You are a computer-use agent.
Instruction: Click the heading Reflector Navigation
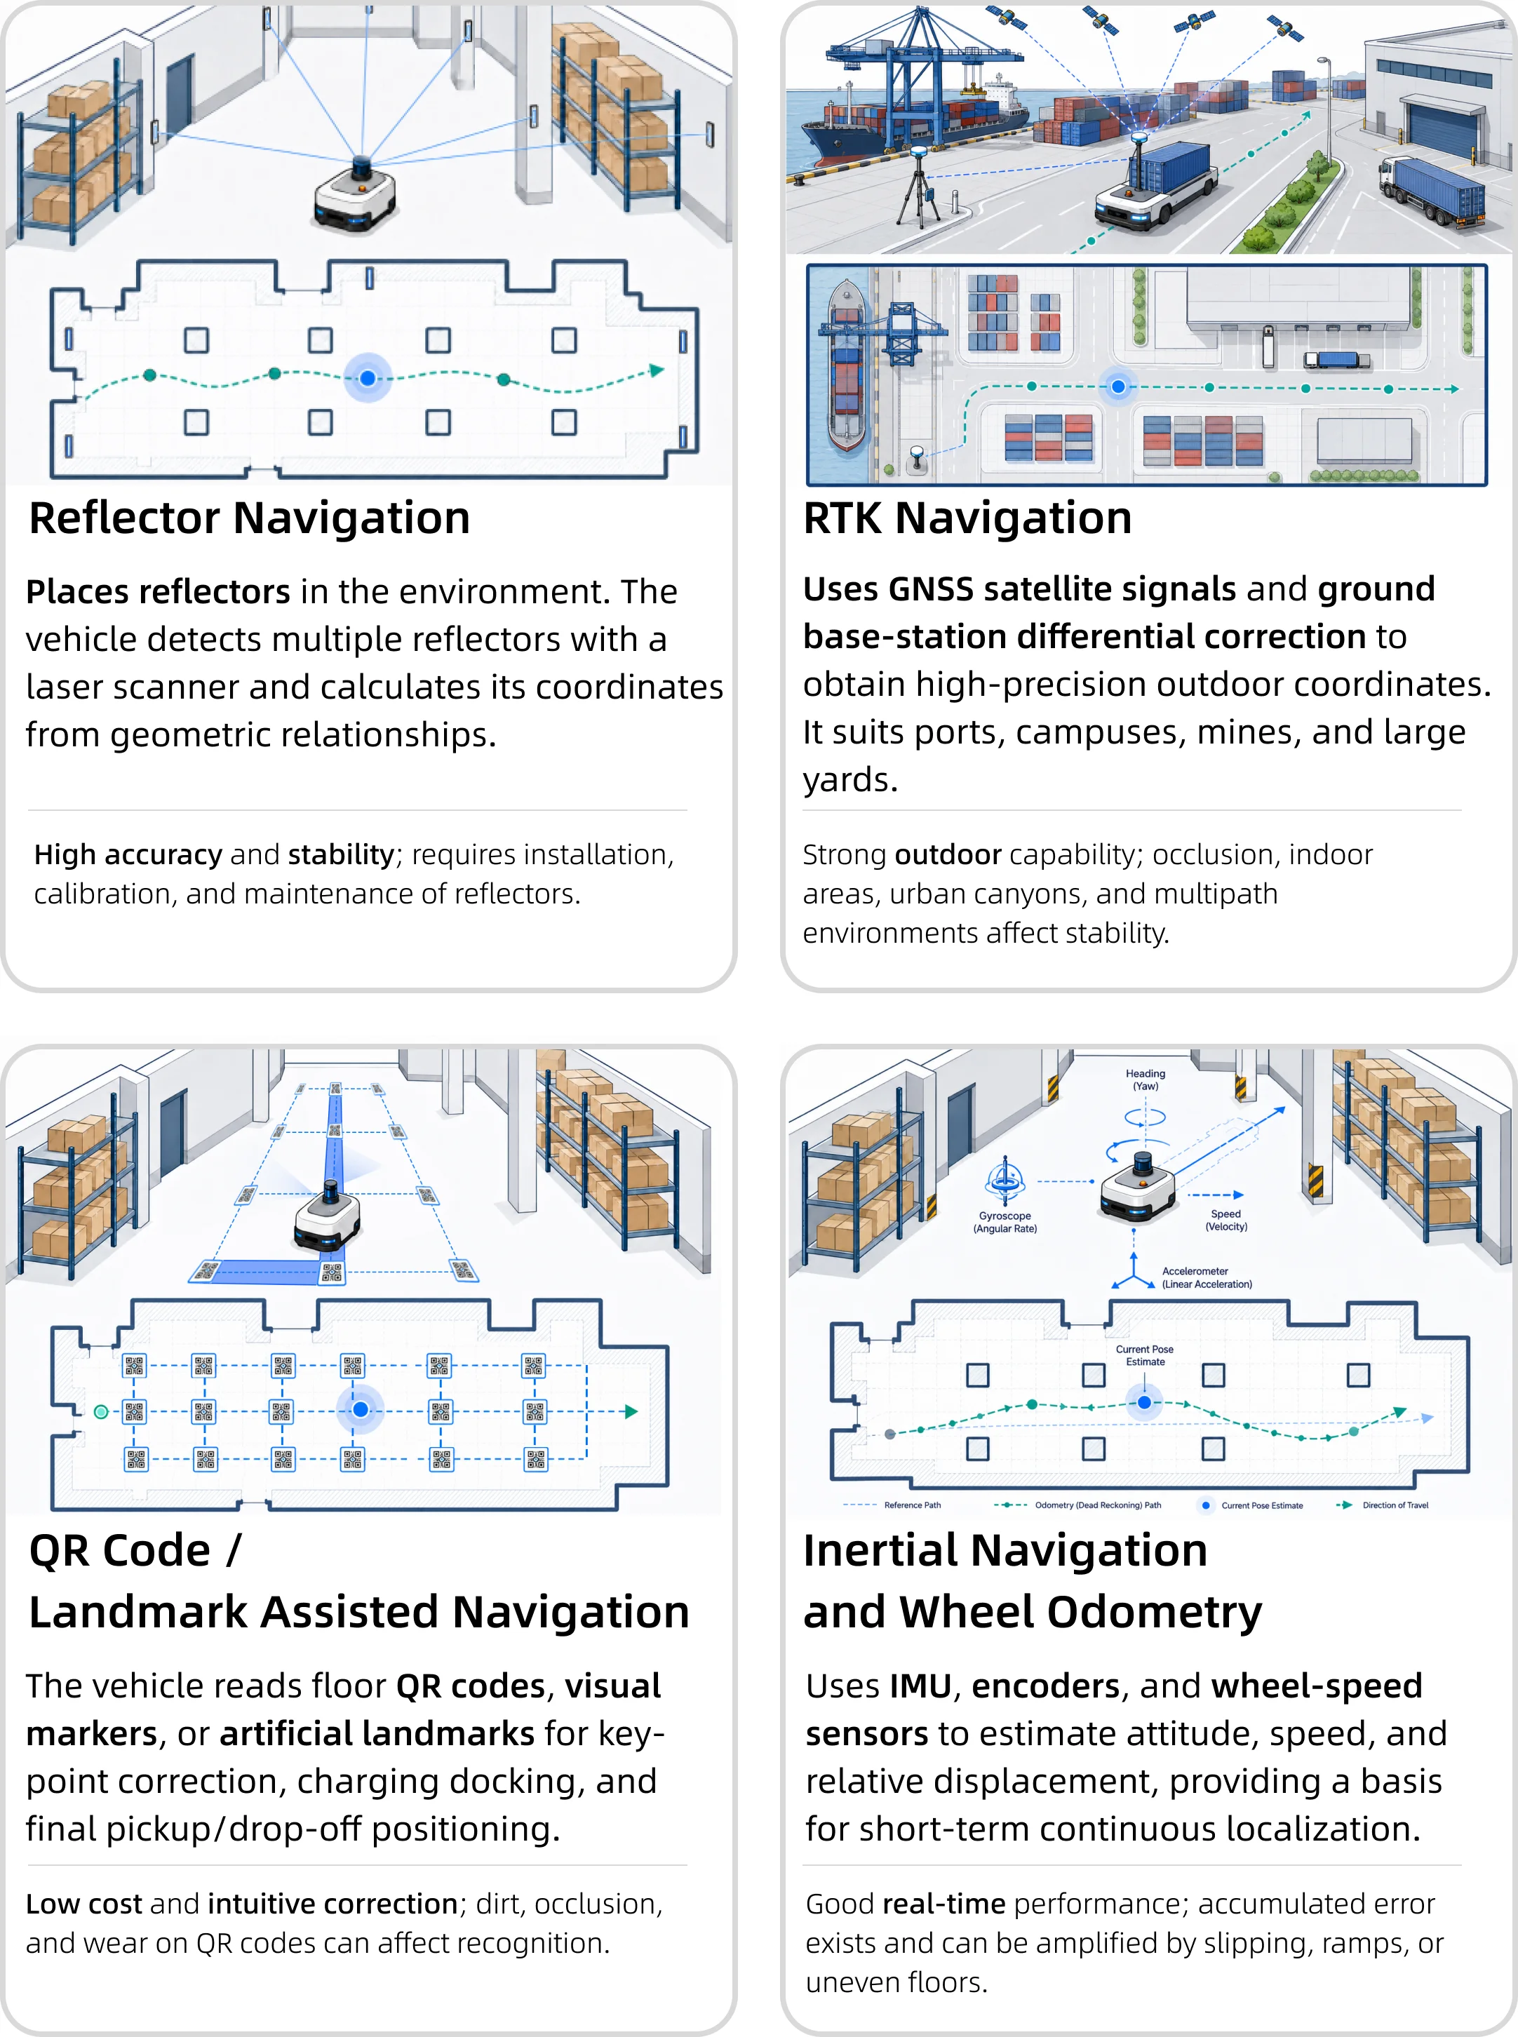[x=250, y=518]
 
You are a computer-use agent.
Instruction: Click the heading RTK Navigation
[x=967, y=518]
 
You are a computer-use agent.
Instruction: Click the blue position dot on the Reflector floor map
[x=368, y=377]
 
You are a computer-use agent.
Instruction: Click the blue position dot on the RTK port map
[x=1118, y=386]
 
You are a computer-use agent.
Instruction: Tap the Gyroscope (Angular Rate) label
[x=1005, y=1222]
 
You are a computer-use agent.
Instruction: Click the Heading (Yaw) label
[x=1146, y=1080]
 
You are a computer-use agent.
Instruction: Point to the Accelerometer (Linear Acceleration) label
[x=1207, y=1278]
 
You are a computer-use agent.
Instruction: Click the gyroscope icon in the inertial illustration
[x=1005, y=1182]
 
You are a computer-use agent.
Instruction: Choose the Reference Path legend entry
[x=892, y=1505]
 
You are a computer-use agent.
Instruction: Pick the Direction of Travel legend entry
[x=1382, y=1505]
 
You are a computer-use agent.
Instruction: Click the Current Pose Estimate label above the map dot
[x=1145, y=1355]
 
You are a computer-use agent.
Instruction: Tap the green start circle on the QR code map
[x=101, y=1411]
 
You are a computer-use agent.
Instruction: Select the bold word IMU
[x=921, y=1686]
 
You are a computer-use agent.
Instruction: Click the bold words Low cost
[x=83, y=1904]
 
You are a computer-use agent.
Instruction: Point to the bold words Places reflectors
[x=158, y=592]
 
